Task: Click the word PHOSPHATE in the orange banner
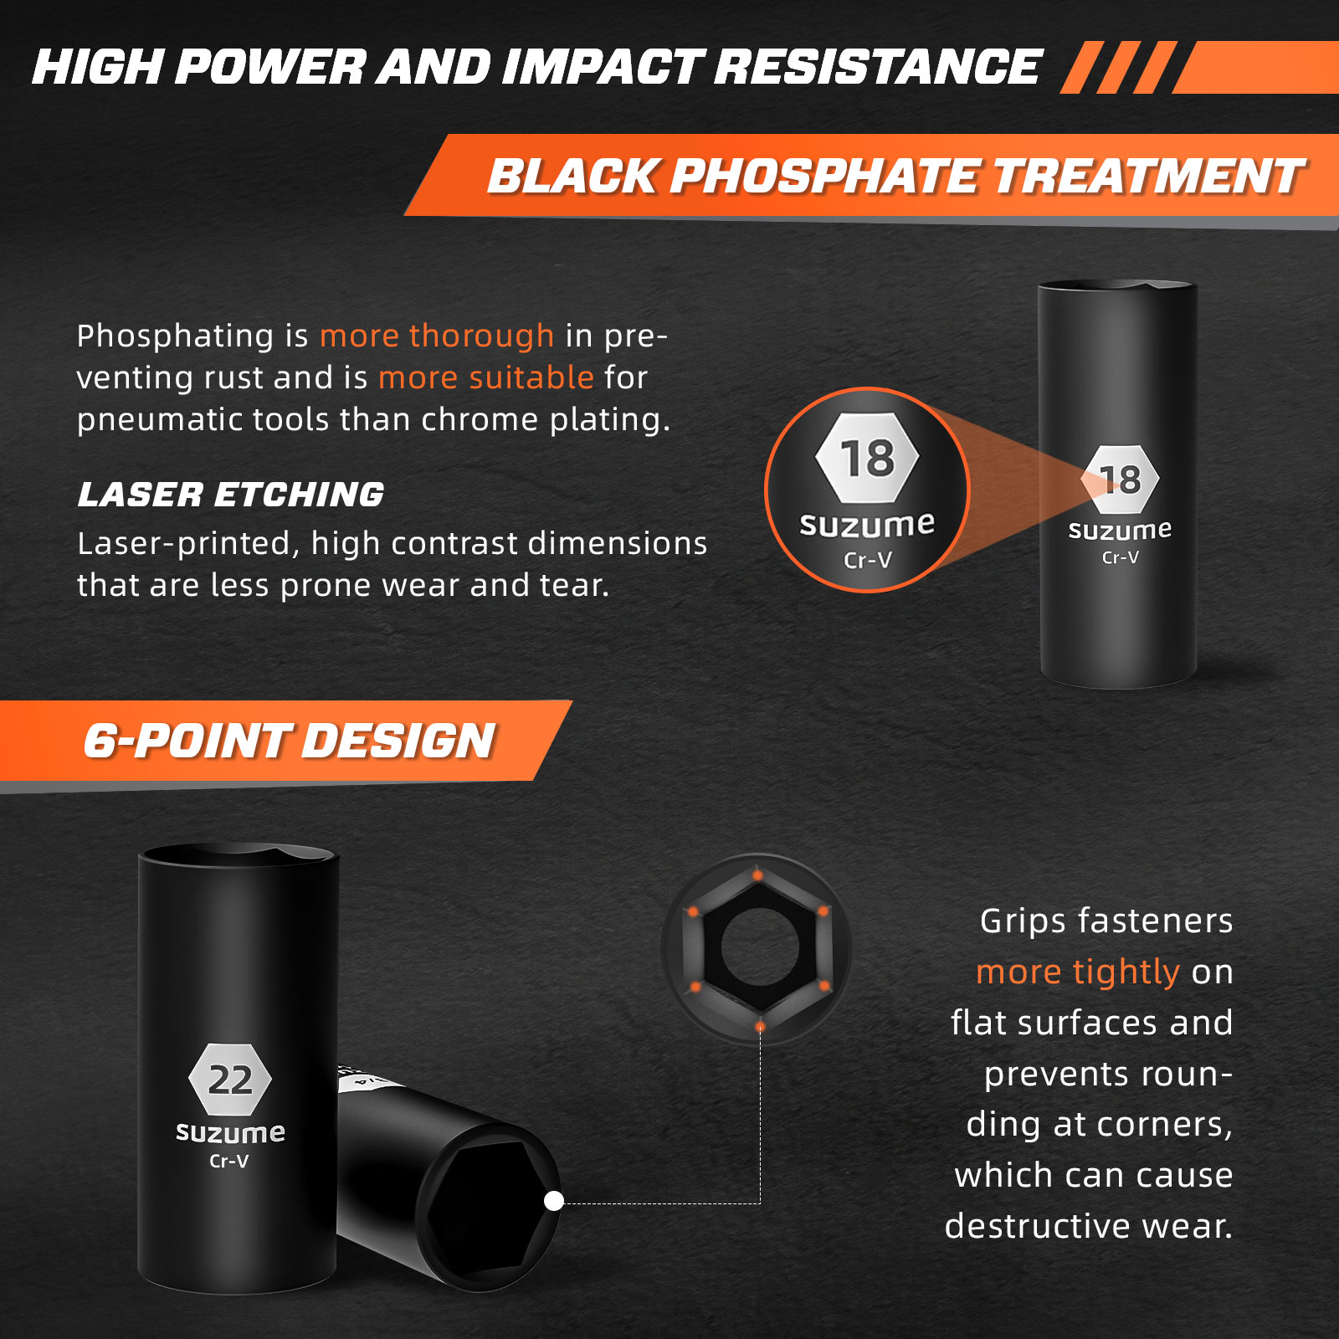coord(823,177)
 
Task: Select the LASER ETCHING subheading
coord(231,495)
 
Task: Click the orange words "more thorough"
coord(437,336)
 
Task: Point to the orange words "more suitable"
coord(486,377)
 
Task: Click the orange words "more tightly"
coord(1078,972)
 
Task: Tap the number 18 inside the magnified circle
coord(868,459)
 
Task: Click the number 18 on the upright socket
coord(1121,480)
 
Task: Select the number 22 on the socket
coord(230,1080)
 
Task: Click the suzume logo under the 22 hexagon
coord(230,1132)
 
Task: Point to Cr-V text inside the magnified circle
coord(868,559)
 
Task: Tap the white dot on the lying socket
coord(554,1201)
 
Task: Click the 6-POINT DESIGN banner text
coord(290,741)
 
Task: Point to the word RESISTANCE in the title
coord(877,67)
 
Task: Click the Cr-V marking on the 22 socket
coord(229,1161)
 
